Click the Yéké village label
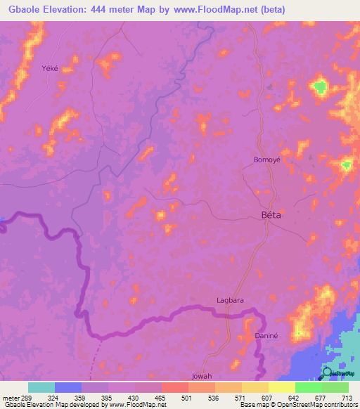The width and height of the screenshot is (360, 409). (49, 59)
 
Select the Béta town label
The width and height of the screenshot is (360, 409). (271, 215)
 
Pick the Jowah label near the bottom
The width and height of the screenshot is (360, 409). (202, 376)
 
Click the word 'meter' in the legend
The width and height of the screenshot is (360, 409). (10, 397)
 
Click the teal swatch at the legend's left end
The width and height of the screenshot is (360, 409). (41, 387)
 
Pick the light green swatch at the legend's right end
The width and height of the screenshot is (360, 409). (335, 387)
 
